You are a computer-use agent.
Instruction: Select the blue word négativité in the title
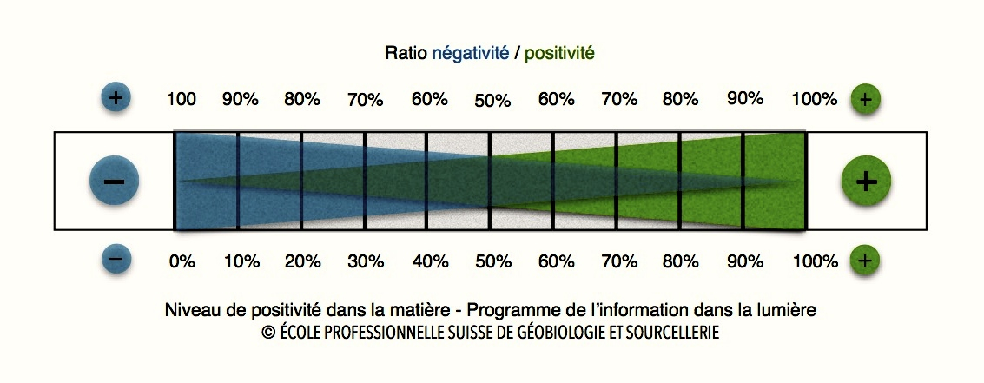point(470,54)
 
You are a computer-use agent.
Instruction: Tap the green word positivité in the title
point(559,54)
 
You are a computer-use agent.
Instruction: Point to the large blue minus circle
point(115,181)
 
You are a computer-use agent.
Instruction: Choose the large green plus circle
point(866,181)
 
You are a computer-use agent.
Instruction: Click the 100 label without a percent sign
point(182,99)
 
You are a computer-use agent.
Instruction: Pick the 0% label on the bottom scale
point(182,261)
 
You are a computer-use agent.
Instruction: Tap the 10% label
point(241,261)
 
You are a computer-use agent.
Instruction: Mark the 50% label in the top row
point(492,101)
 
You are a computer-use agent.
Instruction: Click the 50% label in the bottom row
point(492,261)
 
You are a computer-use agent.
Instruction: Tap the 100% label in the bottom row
point(815,261)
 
